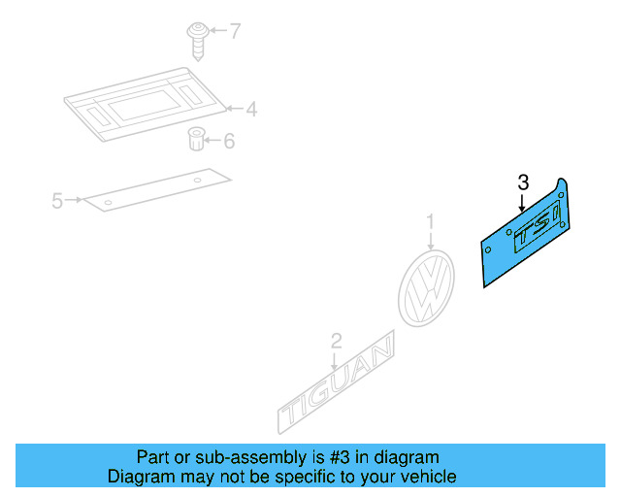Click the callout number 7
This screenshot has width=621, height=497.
[x=234, y=32]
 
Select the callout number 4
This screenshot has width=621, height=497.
[x=250, y=109]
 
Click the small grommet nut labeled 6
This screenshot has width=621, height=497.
[x=195, y=140]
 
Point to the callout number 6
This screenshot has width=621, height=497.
[x=229, y=142]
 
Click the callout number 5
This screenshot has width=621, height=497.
[x=57, y=201]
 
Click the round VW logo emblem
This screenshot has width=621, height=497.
[x=426, y=288]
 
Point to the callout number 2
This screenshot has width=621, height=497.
[x=336, y=341]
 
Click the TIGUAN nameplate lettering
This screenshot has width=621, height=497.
[x=338, y=385]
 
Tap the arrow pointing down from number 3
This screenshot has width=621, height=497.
[x=522, y=202]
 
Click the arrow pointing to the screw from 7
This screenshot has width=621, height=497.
[x=214, y=32]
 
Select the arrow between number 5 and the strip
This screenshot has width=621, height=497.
[x=75, y=201]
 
